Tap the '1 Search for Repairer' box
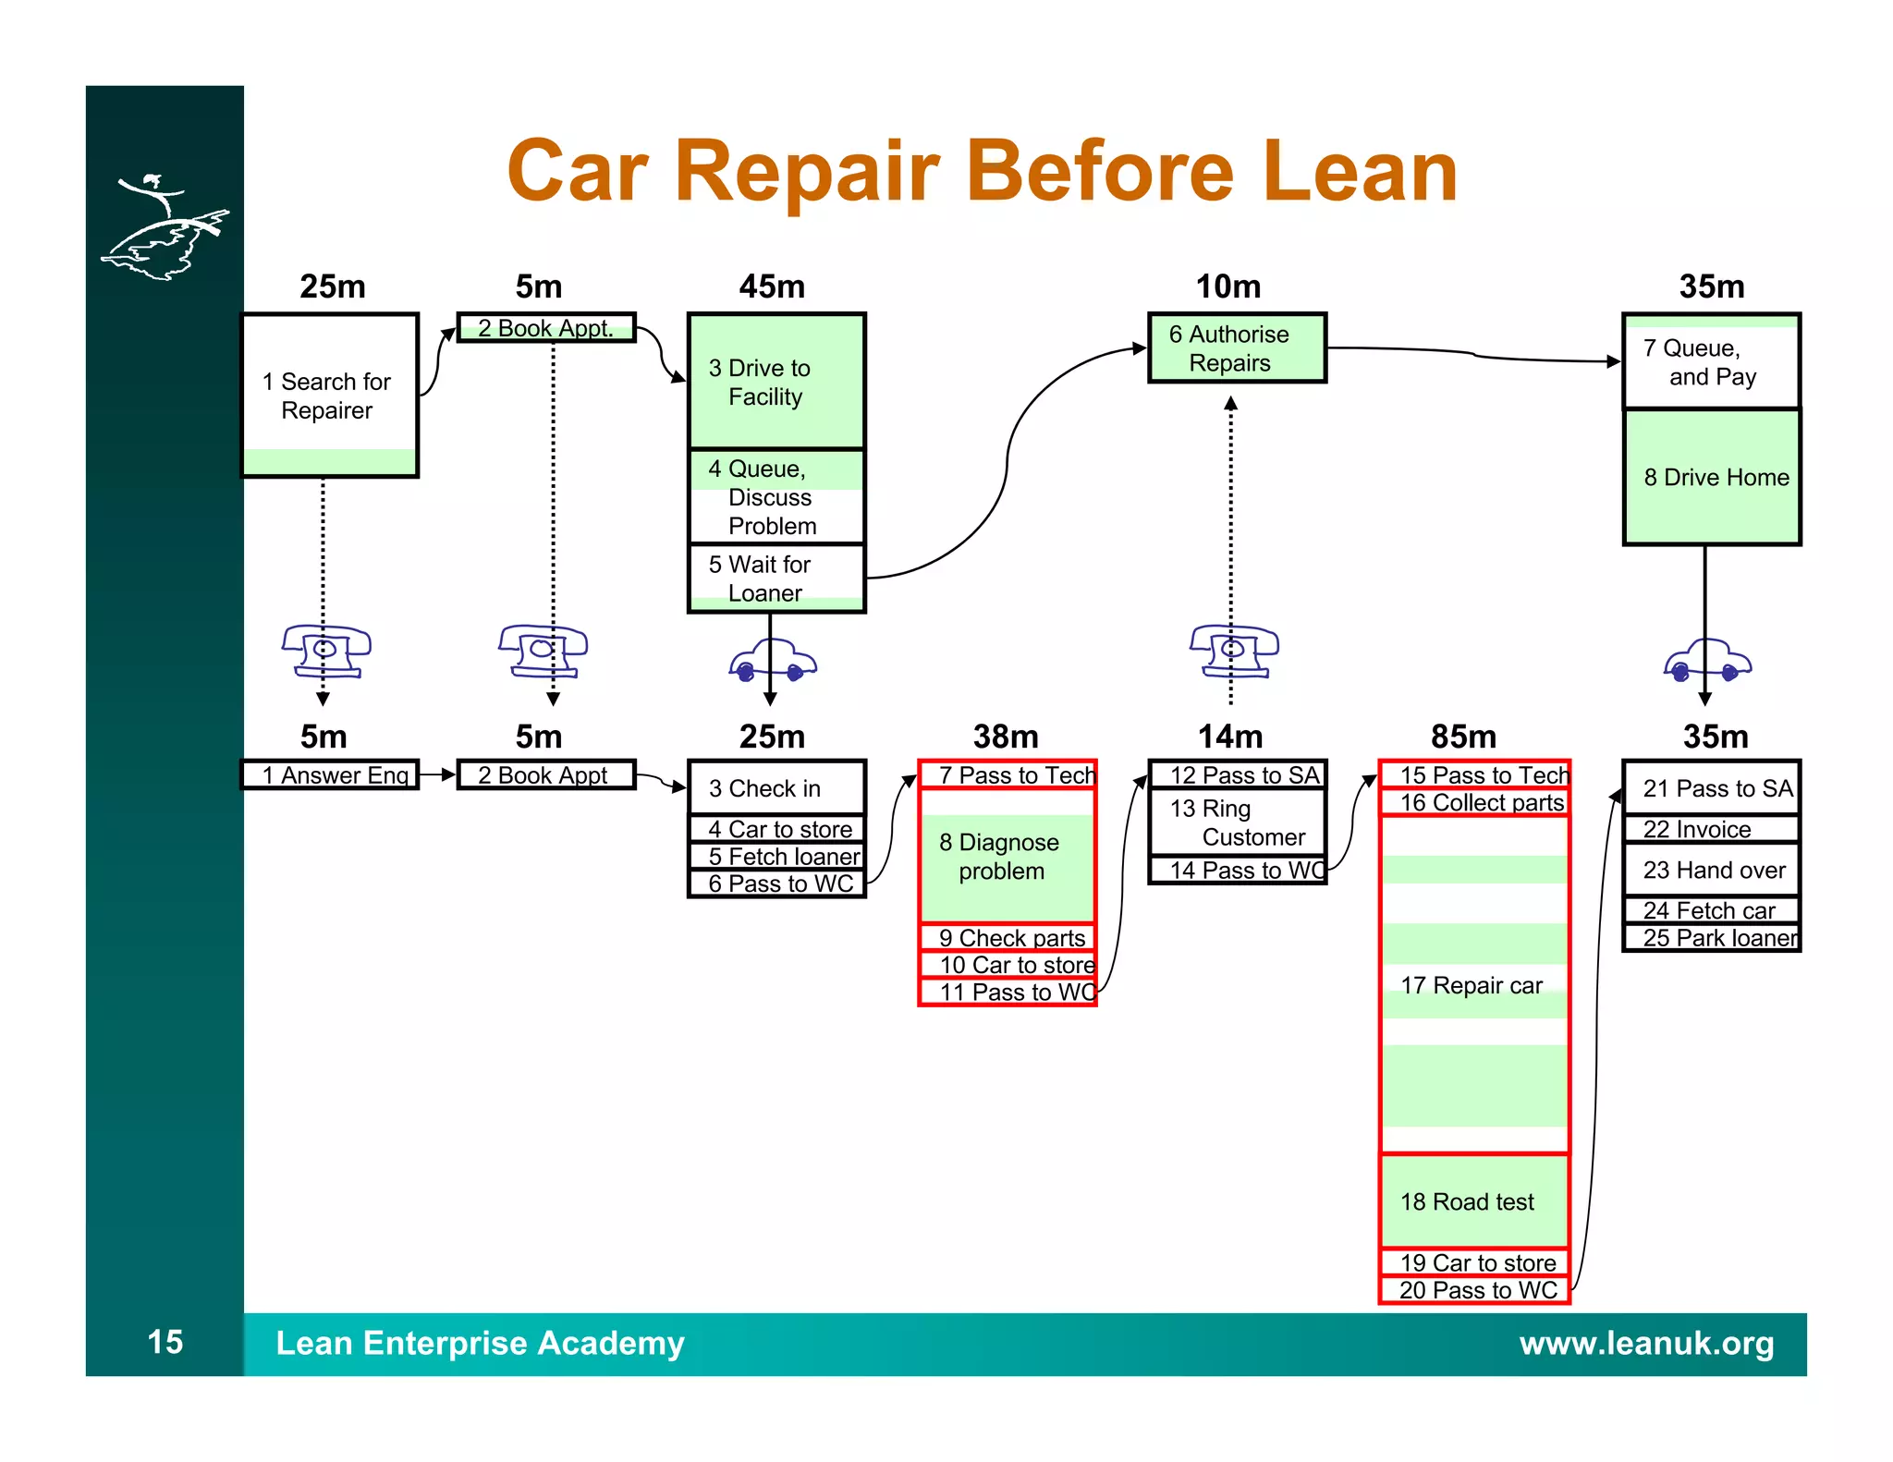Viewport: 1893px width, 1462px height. coord(330,396)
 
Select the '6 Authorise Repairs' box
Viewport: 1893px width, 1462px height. coord(1236,348)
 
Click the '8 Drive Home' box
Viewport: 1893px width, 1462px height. coord(1712,477)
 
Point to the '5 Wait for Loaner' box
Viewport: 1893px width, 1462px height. coord(776,579)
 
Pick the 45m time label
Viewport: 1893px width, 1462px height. coord(772,286)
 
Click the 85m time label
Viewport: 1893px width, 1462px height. coord(1463,737)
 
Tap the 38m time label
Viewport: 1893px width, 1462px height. coord(1006,737)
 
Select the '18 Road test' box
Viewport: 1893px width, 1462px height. coord(1473,1201)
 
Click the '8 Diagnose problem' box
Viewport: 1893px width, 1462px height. coord(1006,857)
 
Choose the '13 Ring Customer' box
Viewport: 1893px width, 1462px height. coord(1236,822)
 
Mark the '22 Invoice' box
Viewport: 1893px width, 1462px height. coord(1710,829)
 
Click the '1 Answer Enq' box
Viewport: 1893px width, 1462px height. coord(330,774)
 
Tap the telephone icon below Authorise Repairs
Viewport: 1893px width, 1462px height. coord(1234,651)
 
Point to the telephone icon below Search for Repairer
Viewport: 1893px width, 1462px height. coord(325,651)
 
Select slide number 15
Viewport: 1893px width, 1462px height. coord(165,1342)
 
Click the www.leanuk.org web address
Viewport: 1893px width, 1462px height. coord(1646,1343)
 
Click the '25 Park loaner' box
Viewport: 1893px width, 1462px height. coord(1712,938)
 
